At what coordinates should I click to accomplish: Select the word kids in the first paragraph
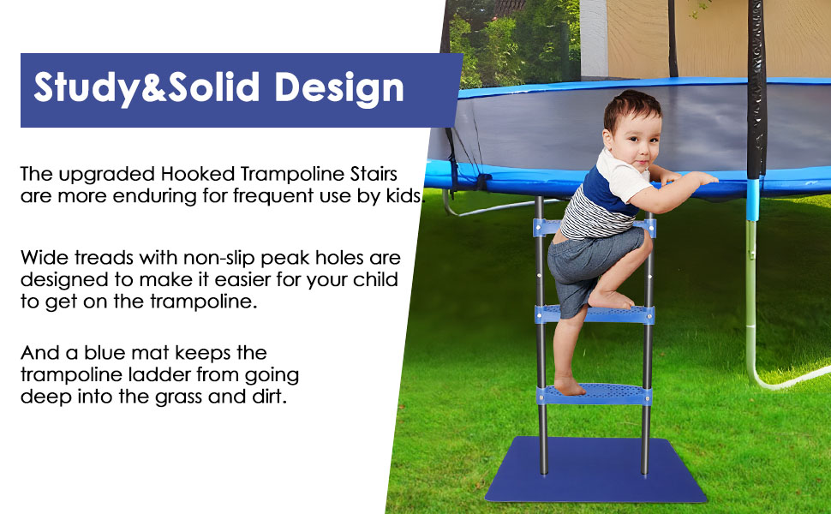pyautogui.click(x=402, y=195)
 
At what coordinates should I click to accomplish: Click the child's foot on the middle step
pyautogui.click(x=609, y=299)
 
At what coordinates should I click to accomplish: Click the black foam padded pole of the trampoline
pyautogui.click(x=756, y=86)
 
